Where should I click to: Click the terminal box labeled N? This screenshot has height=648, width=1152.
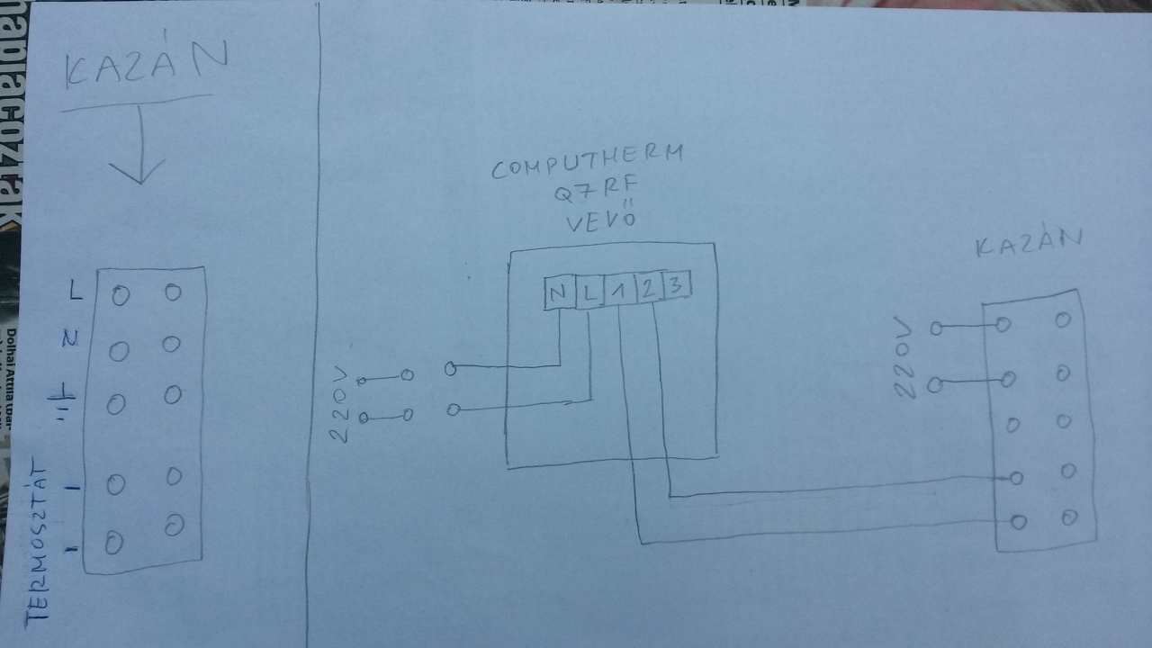(x=559, y=293)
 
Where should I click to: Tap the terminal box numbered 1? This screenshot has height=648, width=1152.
(x=618, y=291)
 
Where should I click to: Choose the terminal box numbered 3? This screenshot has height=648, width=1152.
(x=677, y=287)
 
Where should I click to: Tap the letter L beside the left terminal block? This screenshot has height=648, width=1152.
(x=76, y=290)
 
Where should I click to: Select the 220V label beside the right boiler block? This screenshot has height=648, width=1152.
(x=906, y=357)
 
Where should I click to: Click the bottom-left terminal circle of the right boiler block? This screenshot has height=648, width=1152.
(x=1019, y=521)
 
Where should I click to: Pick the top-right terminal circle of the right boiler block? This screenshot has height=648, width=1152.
(x=1065, y=319)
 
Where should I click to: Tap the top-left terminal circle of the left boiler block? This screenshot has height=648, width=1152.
(x=121, y=295)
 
